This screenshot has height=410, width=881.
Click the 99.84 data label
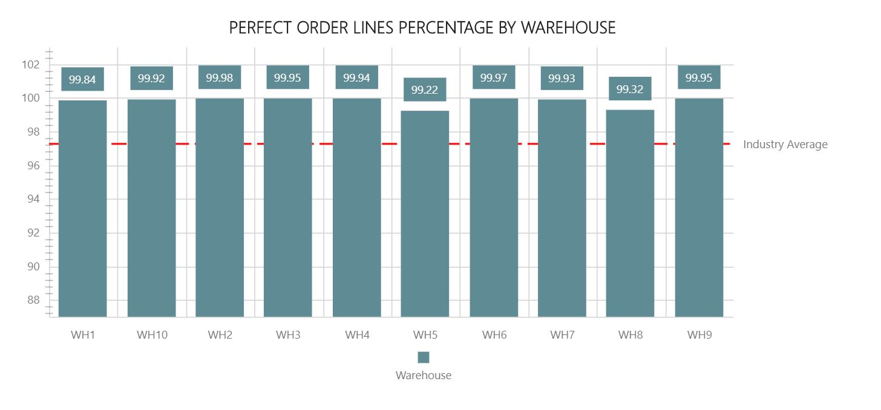(x=82, y=79)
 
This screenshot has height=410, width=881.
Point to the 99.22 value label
(x=425, y=89)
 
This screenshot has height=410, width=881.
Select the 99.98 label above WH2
(x=220, y=77)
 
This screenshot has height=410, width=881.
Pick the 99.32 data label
(x=630, y=89)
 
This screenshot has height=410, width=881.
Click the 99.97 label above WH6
(x=494, y=77)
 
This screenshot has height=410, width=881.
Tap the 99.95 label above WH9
(x=699, y=77)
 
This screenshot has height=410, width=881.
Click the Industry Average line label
(x=785, y=145)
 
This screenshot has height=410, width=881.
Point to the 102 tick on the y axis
(x=33, y=64)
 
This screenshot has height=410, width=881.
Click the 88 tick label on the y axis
(x=33, y=301)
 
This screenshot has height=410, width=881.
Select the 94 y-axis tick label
(x=33, y=199)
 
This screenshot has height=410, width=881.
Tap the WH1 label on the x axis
(x=83, y=334)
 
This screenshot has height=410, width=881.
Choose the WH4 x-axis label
(x=357, y=334)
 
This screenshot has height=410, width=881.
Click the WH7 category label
(x=562, y=334)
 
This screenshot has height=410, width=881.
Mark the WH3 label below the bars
(x=288, y=334)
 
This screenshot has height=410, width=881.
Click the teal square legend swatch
(x=424, y=357)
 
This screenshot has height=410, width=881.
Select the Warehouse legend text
(x=424, y=375)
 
